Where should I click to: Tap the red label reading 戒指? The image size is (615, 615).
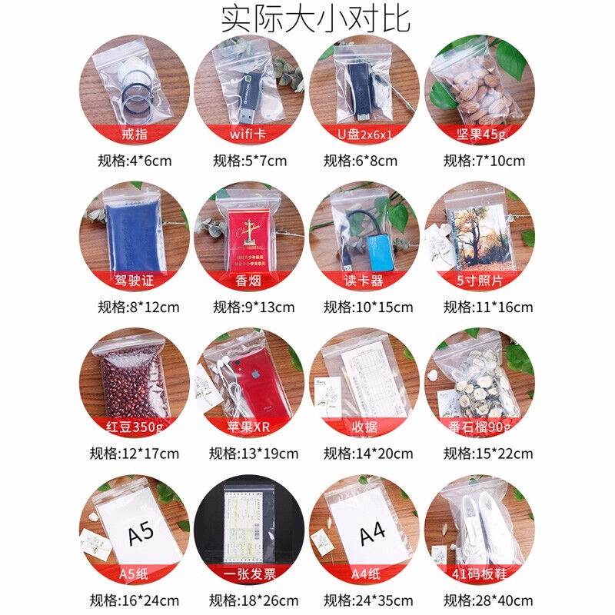135,136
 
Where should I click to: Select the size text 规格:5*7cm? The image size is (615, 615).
250,161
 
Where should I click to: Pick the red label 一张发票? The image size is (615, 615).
250,574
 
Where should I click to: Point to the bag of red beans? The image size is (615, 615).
131,381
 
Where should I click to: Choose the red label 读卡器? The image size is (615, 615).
364,281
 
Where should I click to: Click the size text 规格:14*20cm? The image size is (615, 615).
368,454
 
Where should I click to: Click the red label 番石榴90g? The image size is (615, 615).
480,427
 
